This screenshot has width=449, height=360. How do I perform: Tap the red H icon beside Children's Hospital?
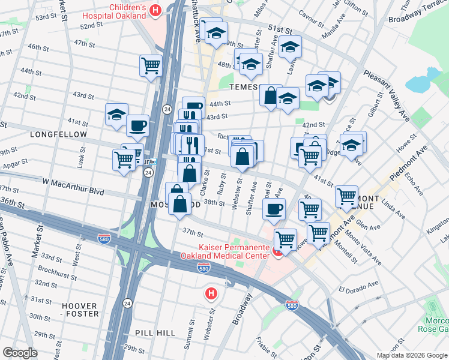point(155,10)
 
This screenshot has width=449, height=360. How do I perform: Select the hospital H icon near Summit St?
point(211,293)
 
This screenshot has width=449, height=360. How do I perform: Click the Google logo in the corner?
point(20,353)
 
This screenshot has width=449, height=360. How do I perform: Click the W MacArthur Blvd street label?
point(73,191)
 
